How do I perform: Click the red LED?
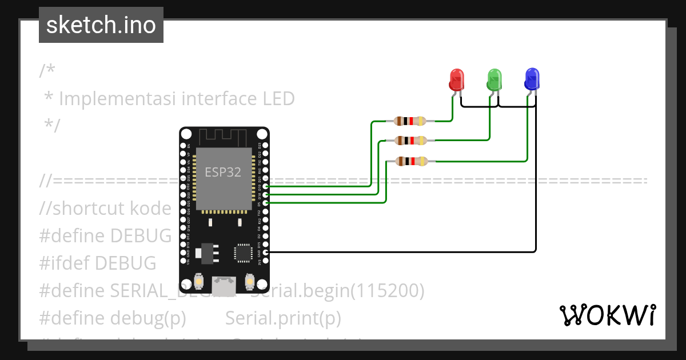(x=456, y=79)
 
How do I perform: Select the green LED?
(x=494, y=79)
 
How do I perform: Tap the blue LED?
(x=532, y=79)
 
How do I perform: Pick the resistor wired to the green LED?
(x=410, y=140)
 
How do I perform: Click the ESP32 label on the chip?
(x=223, y=172)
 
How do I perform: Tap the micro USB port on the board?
(x=224, y=286)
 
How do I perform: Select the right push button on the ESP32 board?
(x=249, y=281)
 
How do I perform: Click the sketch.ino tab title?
(x=101, y=25)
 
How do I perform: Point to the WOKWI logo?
(x=607, y=315)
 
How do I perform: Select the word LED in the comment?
(x=278, y=99)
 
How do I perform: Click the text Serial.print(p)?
(x=283, y=318)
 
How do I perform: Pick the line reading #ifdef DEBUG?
(x=97, y=263)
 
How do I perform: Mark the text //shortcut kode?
(x=105, y=209)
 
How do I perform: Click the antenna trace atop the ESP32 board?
(x=223, y=137)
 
